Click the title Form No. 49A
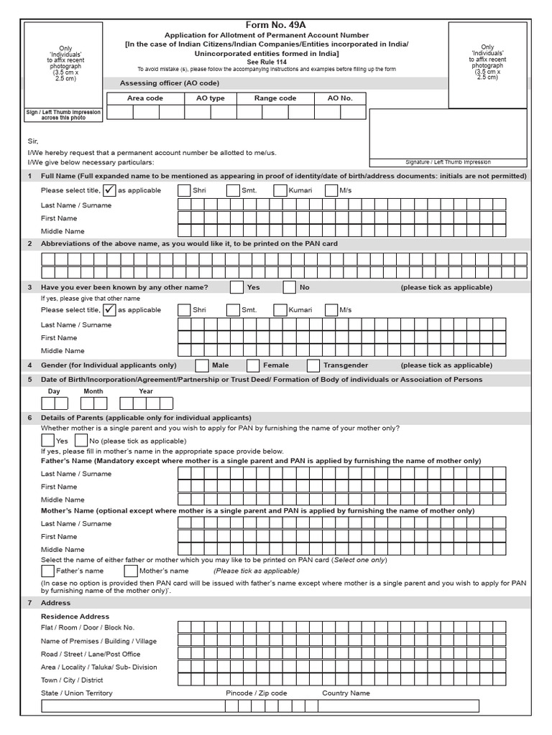[276, 24]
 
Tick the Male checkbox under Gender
[202, 365]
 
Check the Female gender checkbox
[253, 365]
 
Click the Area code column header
[145, 98]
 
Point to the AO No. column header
[340, 98]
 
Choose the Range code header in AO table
[275, 98]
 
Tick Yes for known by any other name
[236, 288]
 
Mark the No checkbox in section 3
[289, 288]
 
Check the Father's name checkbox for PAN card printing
[48, 571]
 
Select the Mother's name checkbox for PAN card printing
[131, 571]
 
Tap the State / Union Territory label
[76, 693]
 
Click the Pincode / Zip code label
[256, 693]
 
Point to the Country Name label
[346, 693]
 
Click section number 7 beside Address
[29, 603]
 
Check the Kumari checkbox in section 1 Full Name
[280, 190]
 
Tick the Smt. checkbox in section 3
[233, 310]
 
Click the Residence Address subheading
[75, 617]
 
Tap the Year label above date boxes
[146, 391]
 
